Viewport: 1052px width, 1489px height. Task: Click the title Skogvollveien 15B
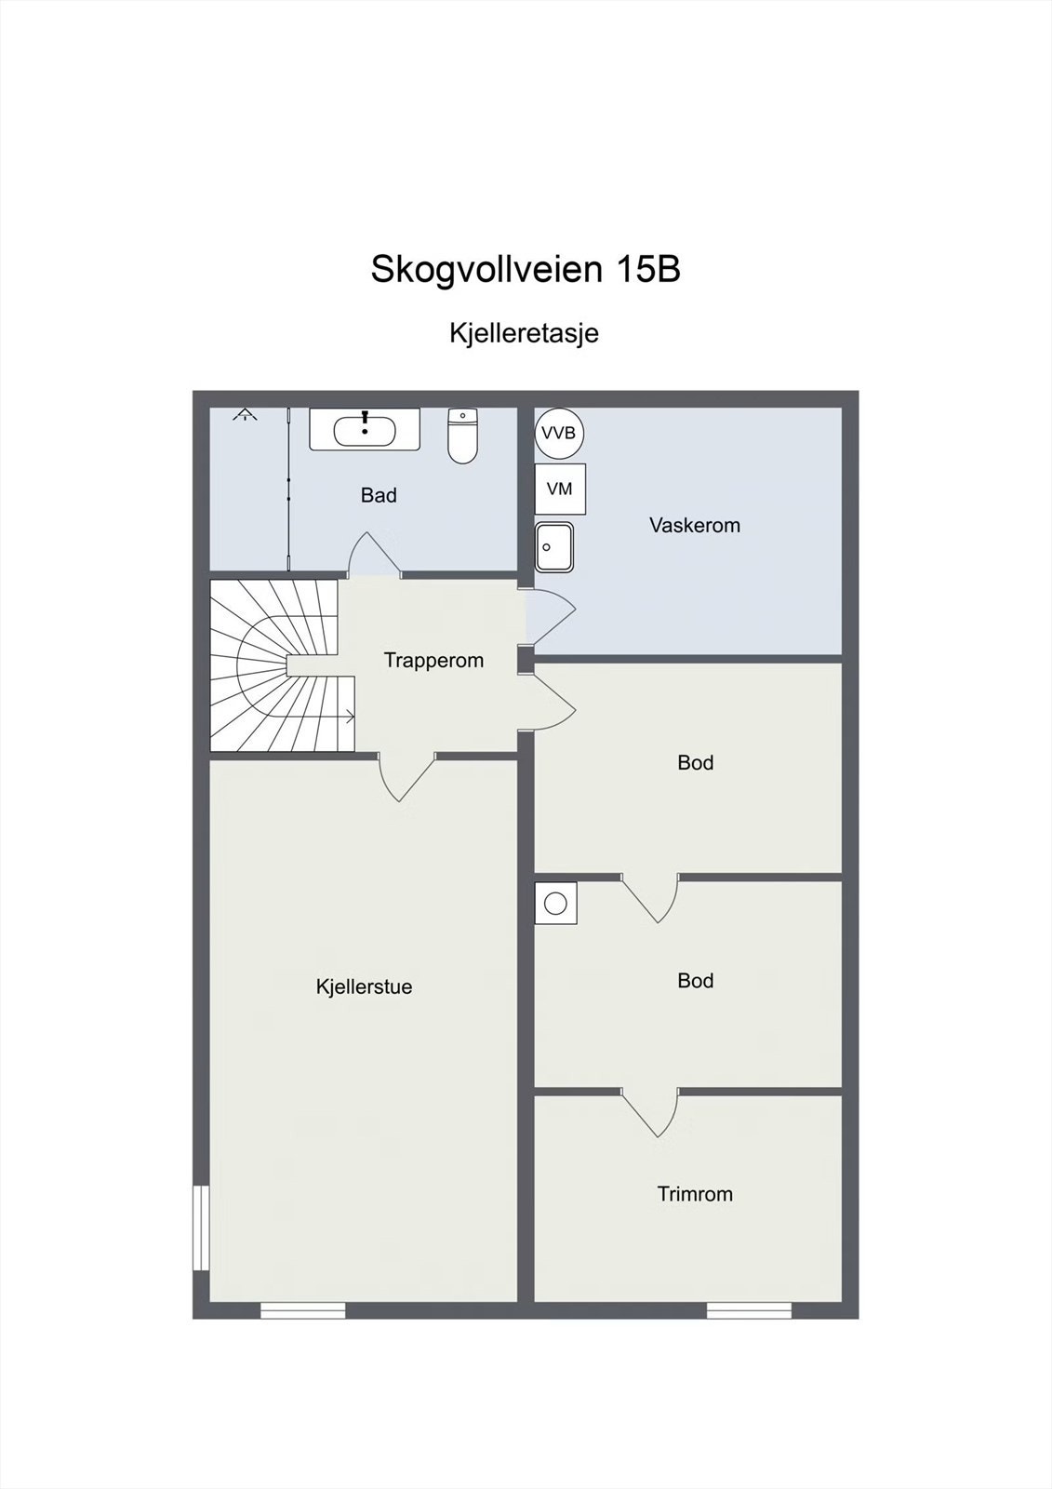526,270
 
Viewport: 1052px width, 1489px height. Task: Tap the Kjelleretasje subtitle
524,333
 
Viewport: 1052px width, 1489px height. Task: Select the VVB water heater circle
559,434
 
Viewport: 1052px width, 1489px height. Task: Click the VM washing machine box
560,489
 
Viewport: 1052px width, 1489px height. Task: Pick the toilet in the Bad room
462,436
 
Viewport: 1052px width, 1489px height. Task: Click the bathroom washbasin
365,430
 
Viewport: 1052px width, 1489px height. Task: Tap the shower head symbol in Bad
245,415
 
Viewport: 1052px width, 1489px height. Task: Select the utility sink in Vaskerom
554,547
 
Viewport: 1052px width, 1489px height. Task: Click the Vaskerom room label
695,525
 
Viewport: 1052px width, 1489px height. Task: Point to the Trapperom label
433,661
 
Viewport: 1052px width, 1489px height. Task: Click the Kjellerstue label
364,987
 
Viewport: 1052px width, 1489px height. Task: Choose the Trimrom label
695,1194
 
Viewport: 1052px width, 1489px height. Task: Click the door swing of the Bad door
374,556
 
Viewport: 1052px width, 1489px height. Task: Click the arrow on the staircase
349,717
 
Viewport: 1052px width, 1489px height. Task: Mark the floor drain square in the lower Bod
555,904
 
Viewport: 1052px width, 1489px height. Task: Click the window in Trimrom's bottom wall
749,1310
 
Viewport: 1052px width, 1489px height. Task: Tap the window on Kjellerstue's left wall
200,1227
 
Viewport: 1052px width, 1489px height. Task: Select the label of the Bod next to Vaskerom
695,763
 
